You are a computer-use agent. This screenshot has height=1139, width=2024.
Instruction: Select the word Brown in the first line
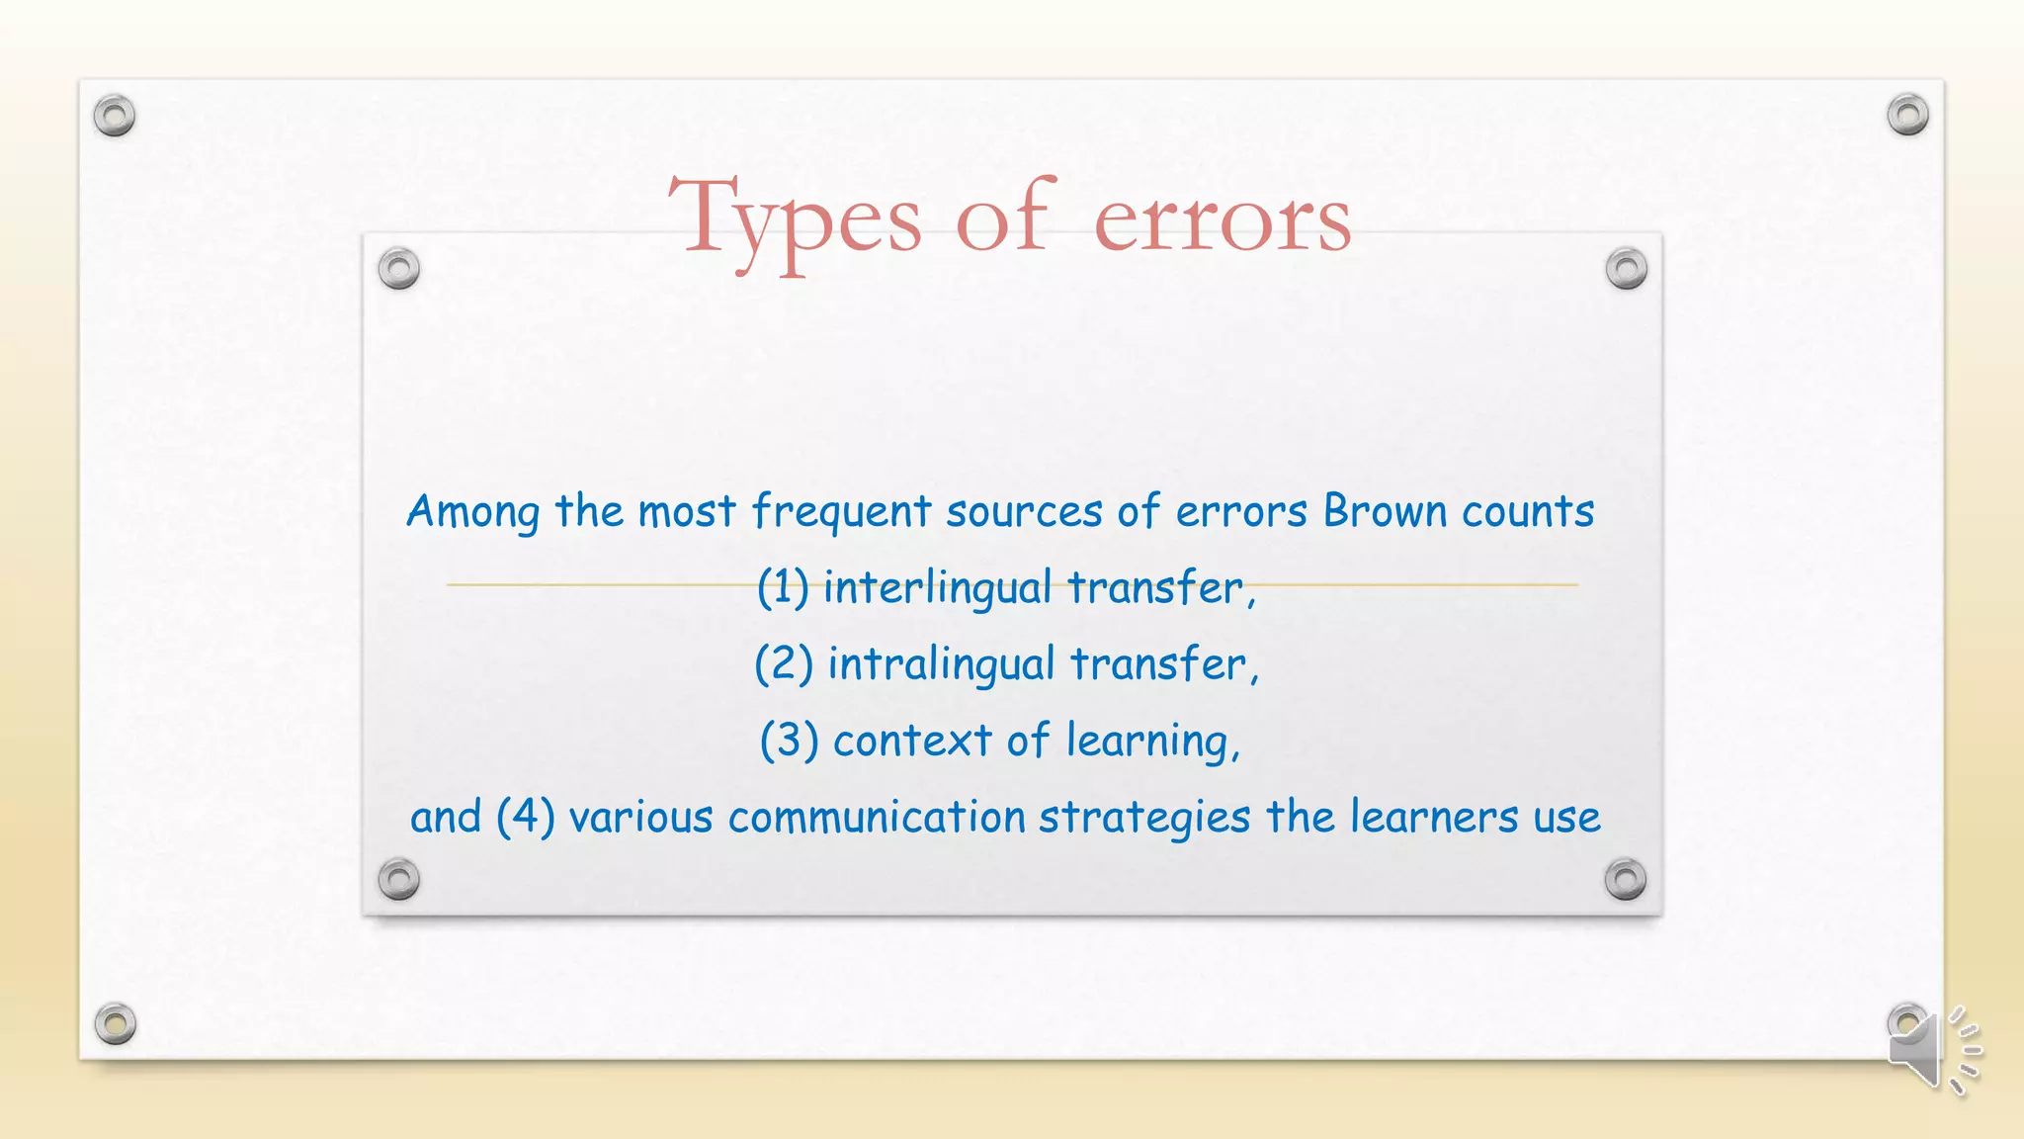(1384, 511)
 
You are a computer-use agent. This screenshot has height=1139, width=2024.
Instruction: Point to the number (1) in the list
(783, 587)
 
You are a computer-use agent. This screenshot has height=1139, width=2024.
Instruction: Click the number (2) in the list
(784, 663)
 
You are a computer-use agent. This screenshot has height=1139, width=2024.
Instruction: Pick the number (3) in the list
(789, 741)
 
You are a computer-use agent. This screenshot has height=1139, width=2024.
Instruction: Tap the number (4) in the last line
(525, 817)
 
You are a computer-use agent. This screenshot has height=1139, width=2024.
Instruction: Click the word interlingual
(937, 588)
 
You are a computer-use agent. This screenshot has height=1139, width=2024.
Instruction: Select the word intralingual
(941, 664)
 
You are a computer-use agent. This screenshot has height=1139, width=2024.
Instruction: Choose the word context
(911, 741)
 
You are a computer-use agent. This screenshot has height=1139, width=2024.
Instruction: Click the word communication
(877, 818)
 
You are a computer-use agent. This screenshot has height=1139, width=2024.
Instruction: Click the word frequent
(841, 512)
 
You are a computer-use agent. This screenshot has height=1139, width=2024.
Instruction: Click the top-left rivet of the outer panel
(115, 116)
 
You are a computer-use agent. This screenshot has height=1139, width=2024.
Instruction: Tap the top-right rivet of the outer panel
(1907, 115)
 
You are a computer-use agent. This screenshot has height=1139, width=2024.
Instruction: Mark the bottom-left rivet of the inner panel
(399, 879)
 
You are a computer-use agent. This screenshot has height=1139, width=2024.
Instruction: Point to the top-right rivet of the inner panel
(1626, 268)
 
